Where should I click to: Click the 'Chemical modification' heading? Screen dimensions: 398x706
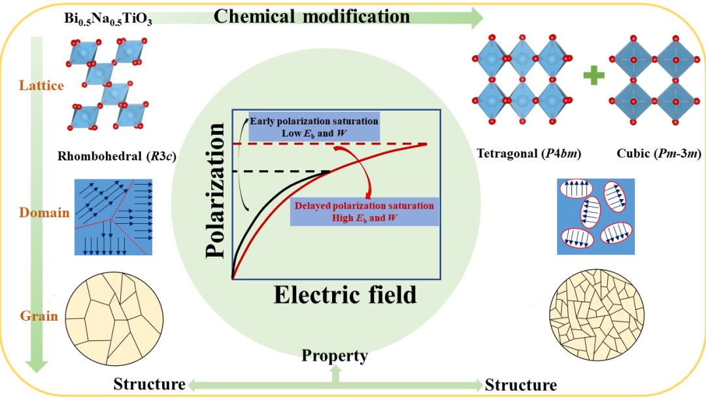click(x=312, y=16)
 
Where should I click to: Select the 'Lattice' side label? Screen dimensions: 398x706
click(x=42, y=86)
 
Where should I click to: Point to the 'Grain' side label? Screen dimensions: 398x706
click(x=39, y=316)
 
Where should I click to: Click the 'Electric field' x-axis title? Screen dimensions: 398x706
click(x=345, y=295)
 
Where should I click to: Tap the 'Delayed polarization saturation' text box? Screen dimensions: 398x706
click(x=363, y=211)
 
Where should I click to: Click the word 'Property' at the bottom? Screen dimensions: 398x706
click(x=335, y=355)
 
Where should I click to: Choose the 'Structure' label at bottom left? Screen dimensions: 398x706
click(x=150, y=384)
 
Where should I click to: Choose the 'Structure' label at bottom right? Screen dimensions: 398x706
click(x=521, y=384)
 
